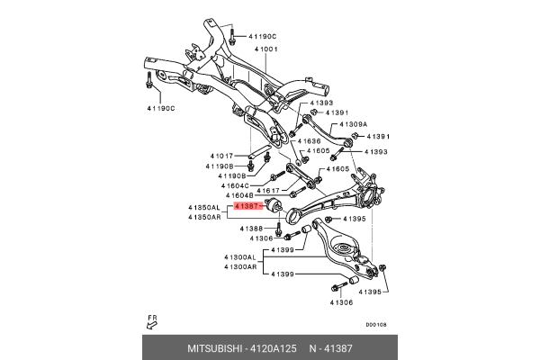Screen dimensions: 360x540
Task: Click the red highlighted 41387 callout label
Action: (x=247, y=206)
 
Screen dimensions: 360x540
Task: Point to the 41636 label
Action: (x=308, y=140)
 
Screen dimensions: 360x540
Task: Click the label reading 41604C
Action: (x=225, y=185)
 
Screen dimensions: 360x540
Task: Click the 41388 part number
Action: (x=251, y=229)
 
